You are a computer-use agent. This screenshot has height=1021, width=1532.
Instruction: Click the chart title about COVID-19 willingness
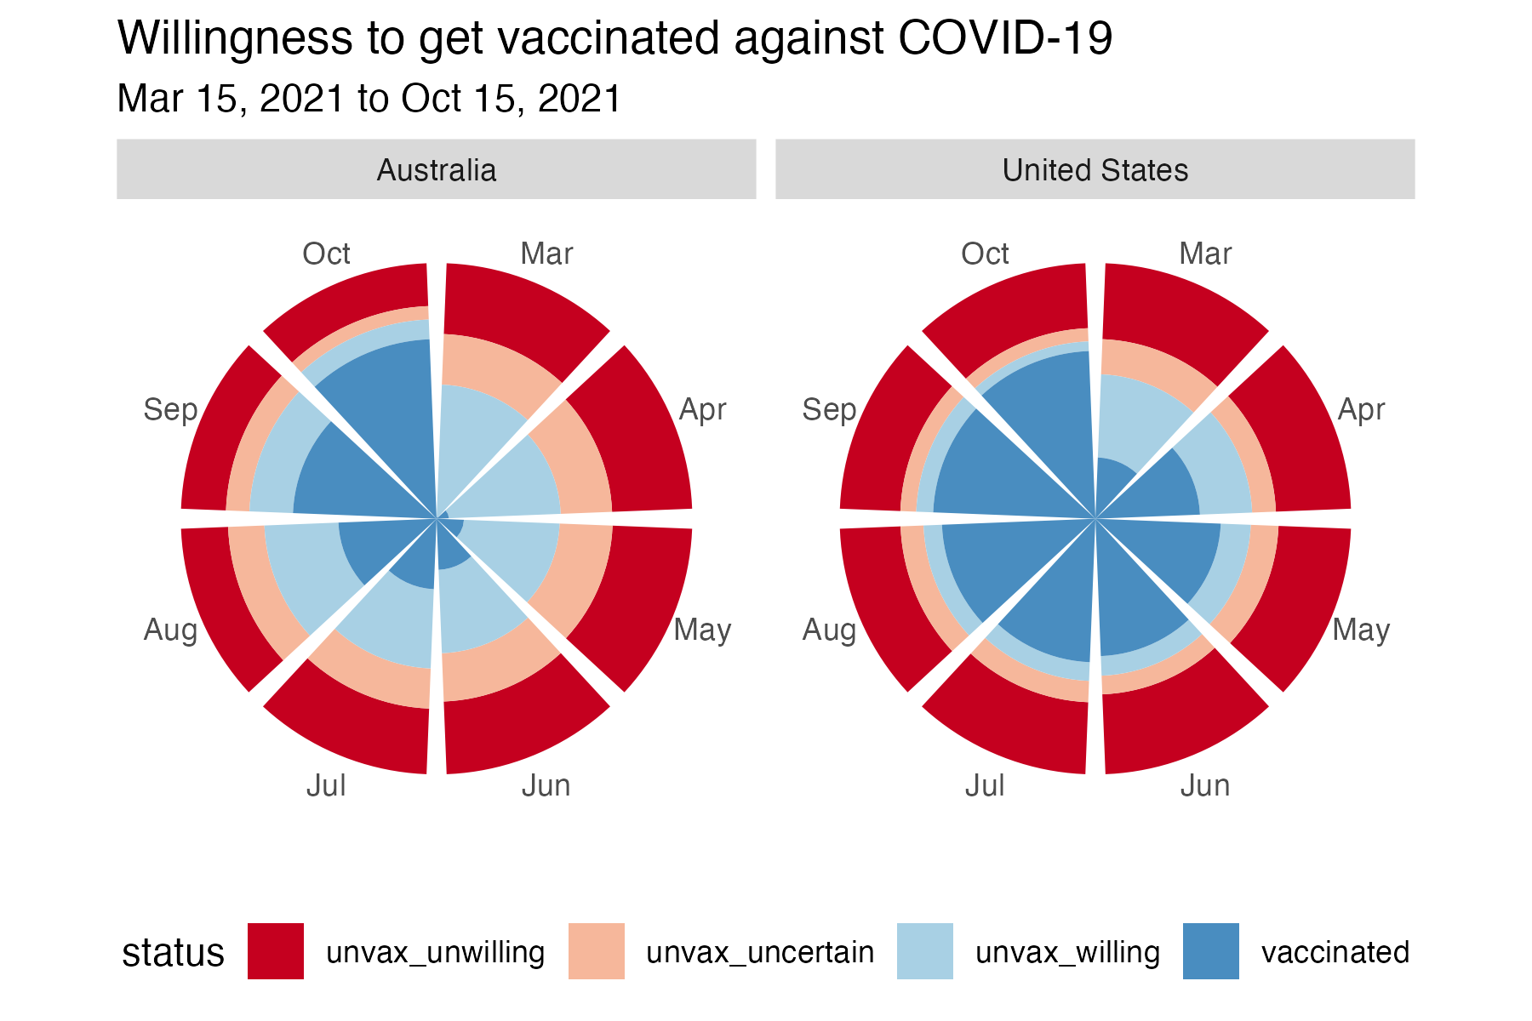pyautogui.click(x=615, y=39)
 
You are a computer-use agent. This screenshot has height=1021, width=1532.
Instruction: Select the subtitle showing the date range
pyautogui.click(x=369, y=99)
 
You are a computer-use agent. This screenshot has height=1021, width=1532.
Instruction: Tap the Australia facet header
pyautogui.click(x=436, y=169)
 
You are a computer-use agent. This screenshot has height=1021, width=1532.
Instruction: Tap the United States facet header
pyautogui.click(x=1095, y=169)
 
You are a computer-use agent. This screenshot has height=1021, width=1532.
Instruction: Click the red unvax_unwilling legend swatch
pyautogui.click(x=275, y=951)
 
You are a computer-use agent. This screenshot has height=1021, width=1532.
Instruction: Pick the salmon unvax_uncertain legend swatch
pyautogui.click(x=596, y=951)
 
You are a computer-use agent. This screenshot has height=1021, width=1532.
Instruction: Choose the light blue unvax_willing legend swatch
pyautogui.click(x=925, y=951)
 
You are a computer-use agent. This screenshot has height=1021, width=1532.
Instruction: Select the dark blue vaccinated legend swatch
pyautogui.click(x=1210, y=951)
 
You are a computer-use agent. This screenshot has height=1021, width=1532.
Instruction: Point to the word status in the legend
pyautogui.click(x=173, y=953)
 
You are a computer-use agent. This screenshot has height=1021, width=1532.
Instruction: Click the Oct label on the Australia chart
pyautogui.click(x=326, y=254)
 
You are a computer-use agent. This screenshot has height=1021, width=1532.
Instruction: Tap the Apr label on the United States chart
pyautogui.click(x=1361, y=410)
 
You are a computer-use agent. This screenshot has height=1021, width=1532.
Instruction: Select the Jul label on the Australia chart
pyautogui.click(x=326, y=785)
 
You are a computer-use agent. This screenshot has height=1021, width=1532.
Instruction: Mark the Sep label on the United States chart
pyautogui.click(x=829, y=410)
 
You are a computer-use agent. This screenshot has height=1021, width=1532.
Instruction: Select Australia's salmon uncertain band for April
pyautogui.click(x=579, y=459)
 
